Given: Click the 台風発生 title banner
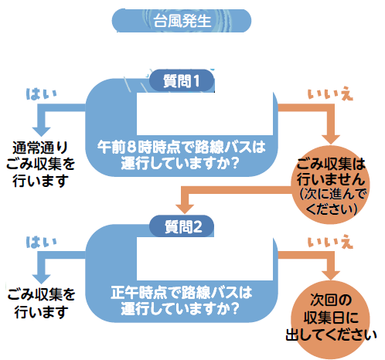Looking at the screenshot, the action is [x=182, y=21].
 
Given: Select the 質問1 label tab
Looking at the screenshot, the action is [x=182, y=80].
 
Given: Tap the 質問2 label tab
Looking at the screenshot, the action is [x=182, y=226].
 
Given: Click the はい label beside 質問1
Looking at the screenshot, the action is [x=41, y=93].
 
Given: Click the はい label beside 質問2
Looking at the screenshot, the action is [x=41, y=243].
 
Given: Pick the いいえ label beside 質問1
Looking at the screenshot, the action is [x=330, y=93].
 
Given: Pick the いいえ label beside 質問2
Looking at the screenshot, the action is [x=330, y=243].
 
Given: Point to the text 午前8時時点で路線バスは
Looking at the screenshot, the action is [x=181, y=147].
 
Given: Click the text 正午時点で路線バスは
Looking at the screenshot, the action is [x=181, y=293].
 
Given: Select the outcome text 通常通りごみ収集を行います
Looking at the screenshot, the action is [x=40, y=164].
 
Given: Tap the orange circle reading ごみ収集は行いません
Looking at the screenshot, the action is [x=331, y=185].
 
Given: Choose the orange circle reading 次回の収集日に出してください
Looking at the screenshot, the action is [x=331, y=319].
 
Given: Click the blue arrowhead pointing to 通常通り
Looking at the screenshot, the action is [x=41, y=131].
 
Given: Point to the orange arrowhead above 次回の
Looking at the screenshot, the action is [x=331, y=276].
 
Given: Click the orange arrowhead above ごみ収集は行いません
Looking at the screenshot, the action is [x=331, y=140].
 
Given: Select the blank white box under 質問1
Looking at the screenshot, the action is [x=205, y=114].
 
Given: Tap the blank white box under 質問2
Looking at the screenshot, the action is [x=205, y=259].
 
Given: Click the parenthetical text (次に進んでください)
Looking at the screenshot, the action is [x=332, y=202].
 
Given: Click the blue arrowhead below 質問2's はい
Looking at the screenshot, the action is [x=41, y=279].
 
